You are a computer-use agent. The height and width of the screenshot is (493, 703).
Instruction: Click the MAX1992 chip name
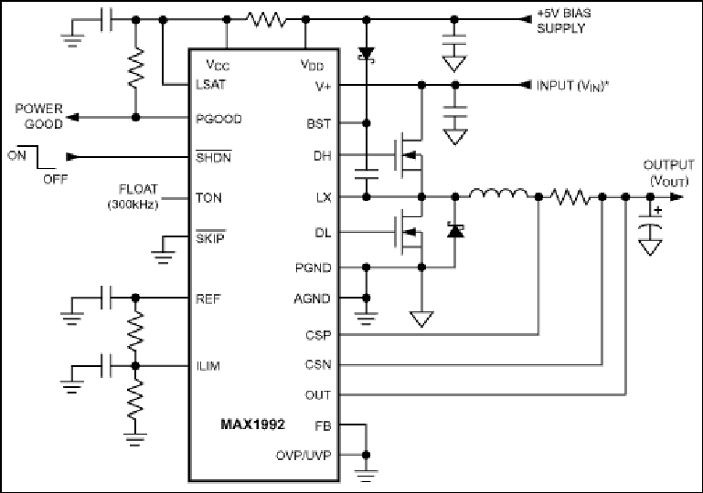click(252, 424)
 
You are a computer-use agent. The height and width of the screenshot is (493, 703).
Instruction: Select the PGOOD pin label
click(218, 119)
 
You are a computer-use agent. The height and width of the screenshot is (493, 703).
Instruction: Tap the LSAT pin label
click(211, 85)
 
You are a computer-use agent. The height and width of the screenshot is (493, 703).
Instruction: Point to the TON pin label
click(208, 197)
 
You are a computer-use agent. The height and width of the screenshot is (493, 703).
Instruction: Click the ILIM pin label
click(208, 366)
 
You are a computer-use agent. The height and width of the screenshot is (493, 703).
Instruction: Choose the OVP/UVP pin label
click(304, 456)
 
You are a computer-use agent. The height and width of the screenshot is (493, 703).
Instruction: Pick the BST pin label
click(319, 123)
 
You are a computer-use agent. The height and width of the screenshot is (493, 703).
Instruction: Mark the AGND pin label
click(312, 299)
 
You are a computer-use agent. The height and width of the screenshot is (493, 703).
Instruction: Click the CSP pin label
click(318, 335)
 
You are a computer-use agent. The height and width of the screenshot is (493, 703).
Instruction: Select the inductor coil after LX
click(498, 194)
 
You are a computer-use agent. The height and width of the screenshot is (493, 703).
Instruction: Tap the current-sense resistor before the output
click(570, 197)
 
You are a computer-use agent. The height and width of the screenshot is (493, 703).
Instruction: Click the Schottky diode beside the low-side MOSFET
click(455, 231)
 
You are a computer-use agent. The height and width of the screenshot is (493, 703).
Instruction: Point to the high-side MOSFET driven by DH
click(409, 155)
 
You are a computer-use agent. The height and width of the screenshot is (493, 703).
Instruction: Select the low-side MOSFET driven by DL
click(409, 232)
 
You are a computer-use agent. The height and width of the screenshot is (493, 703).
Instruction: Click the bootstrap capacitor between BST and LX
click(367, 173)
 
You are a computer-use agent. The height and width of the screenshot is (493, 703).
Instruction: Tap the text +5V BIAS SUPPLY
click(563, 21)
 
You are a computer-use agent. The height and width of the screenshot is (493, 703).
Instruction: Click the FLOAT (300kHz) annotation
click(133, 196)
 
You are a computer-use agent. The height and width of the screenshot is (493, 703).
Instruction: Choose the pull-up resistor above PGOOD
click(136, 68)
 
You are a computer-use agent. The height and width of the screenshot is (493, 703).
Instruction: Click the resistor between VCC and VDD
click(267, 20)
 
